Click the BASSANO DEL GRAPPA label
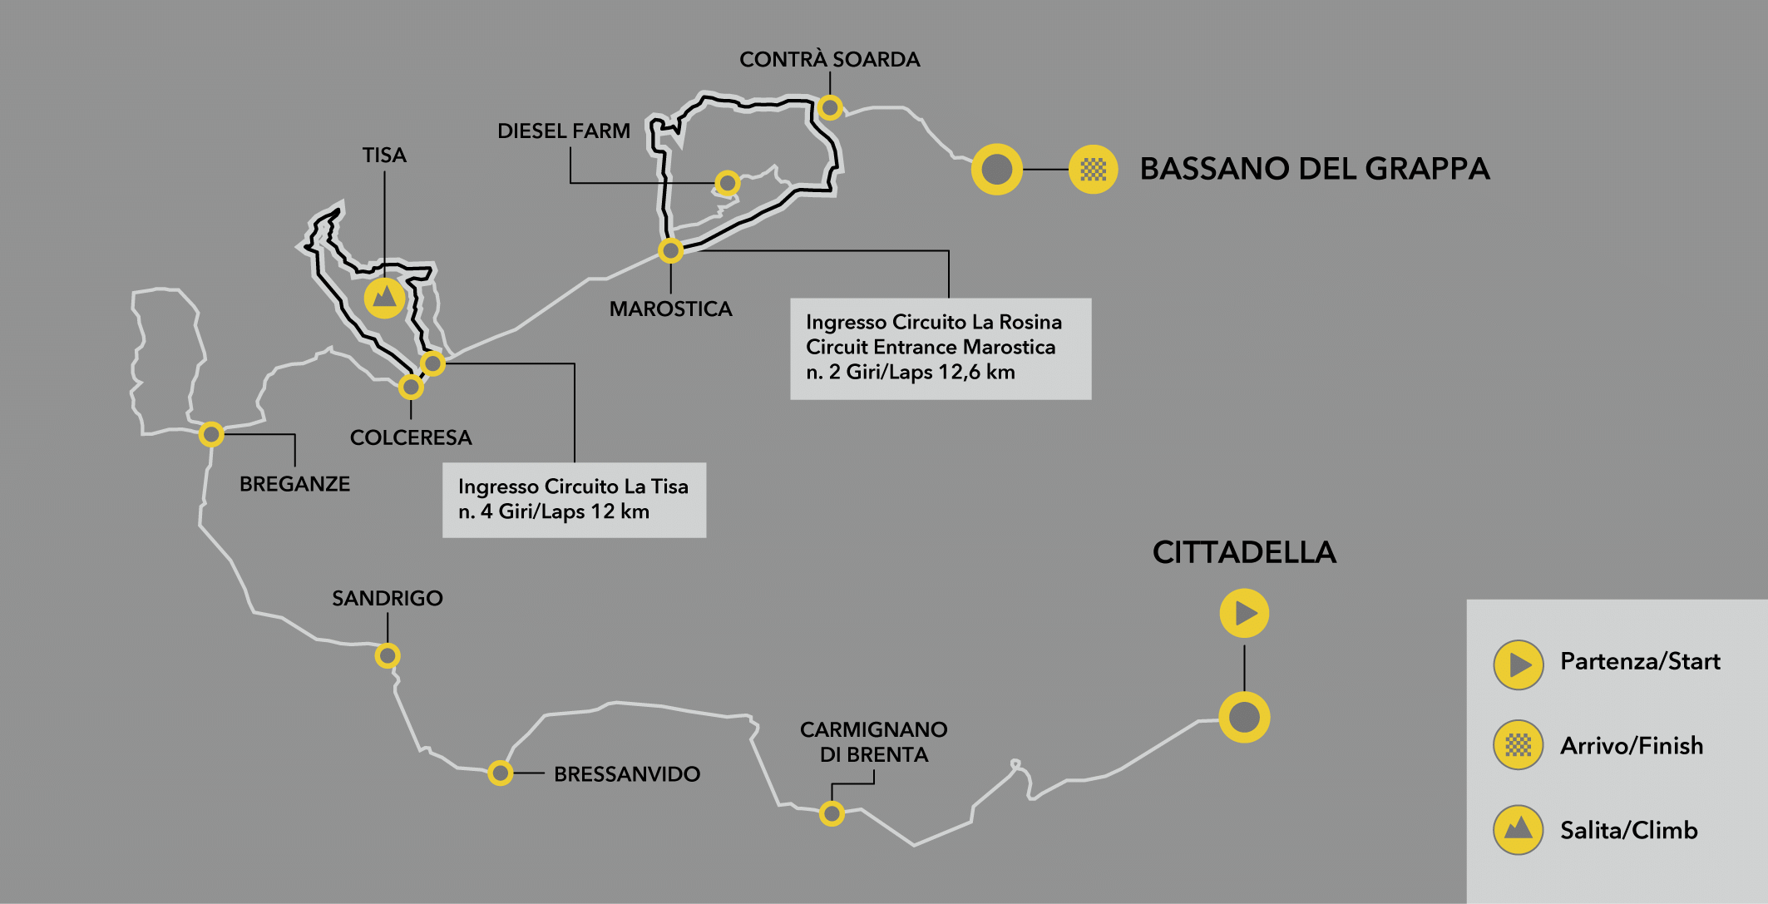[x=1314, y=169]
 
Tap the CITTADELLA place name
[x=1244, y=552]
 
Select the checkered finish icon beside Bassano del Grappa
[x=1093, y=170]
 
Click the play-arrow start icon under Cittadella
[x=1244, y=613]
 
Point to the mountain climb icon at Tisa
[x=384, y=298]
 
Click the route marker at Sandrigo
[x=388, y=655]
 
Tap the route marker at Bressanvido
[x=500, y=773]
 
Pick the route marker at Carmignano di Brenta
[x=832, y=813]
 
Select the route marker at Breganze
[x=211, y=434]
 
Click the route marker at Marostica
[x=670, y=250]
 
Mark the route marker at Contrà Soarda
[x=830, y=107]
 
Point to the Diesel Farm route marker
[x=728, y=182]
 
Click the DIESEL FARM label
[x=564, y=131]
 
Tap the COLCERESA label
[x=411, y=437]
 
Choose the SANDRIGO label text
[x=388, y=598]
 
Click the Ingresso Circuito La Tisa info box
[x=574, y=500]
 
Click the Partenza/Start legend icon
[x=1519, y=664]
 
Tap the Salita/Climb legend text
[x=1628, y=830]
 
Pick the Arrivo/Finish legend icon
[x=1519, y=744]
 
